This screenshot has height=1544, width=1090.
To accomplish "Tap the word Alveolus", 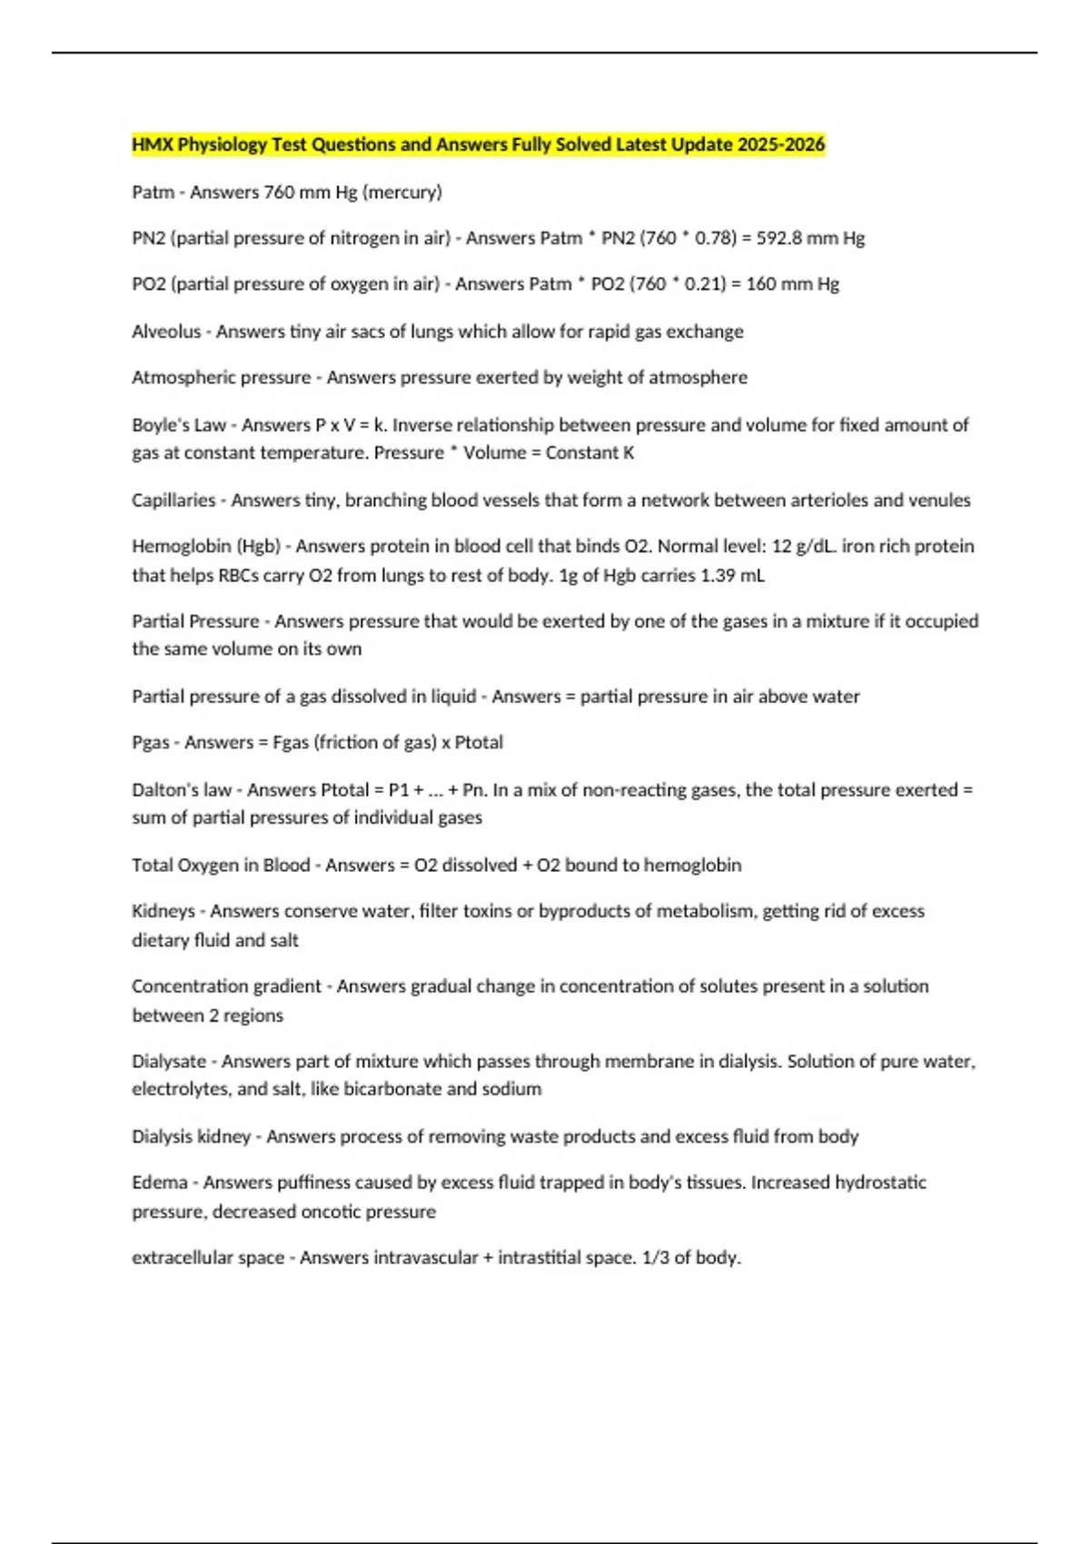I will tap(166, 332).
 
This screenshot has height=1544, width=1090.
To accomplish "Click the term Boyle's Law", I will tap(179, 425).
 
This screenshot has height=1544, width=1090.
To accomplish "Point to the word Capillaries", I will tap(173, 500).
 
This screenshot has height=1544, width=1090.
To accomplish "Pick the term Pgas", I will tap(151, 743).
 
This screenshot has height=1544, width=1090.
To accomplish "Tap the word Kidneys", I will tap(163, 911).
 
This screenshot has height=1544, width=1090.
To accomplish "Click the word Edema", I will tap(160, 1183).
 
